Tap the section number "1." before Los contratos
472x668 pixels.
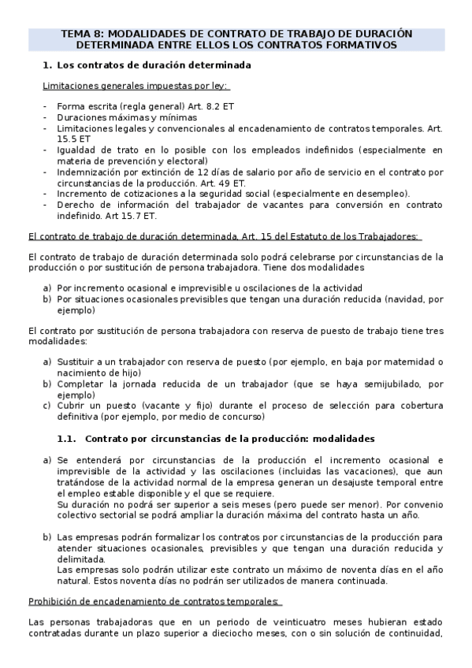47,67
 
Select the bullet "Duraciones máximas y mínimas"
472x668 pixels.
126,116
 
